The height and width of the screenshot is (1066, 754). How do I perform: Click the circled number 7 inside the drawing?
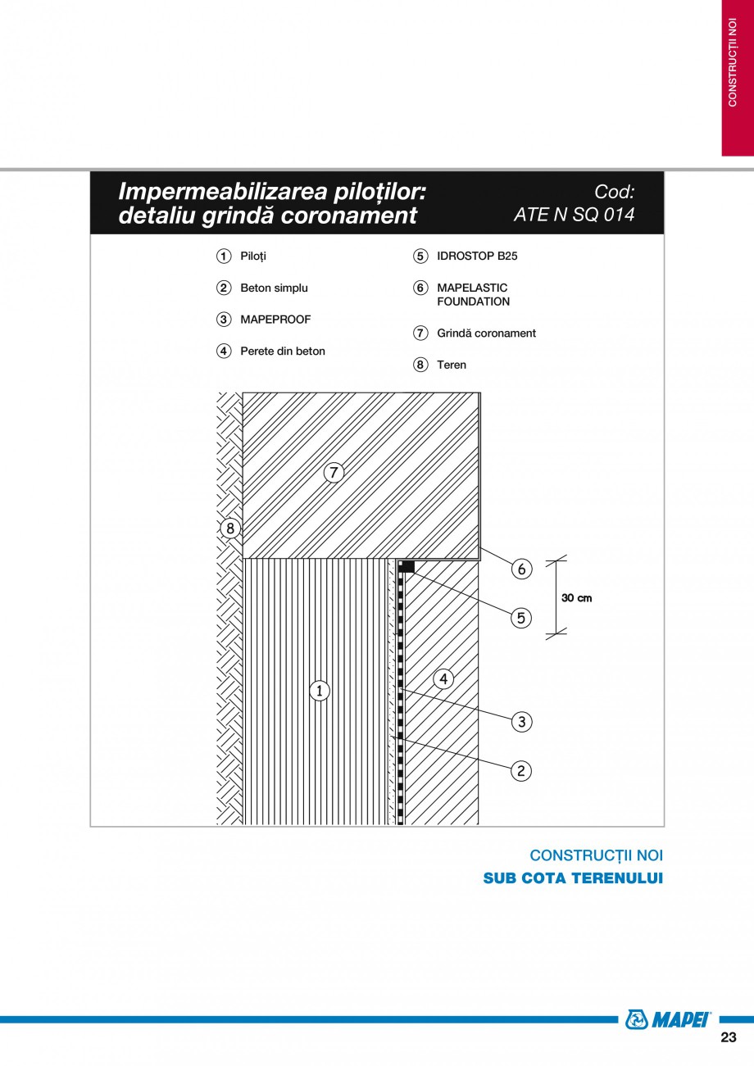333,473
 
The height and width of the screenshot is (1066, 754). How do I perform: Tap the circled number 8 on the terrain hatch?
229,528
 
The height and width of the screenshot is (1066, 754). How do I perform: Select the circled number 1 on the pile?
319,691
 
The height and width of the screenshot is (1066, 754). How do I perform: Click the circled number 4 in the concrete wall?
443,678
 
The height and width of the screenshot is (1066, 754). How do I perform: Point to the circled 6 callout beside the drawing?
521,569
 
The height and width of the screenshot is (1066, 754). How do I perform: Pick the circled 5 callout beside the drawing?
521,617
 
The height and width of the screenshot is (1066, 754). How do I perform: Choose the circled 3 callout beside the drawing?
521,722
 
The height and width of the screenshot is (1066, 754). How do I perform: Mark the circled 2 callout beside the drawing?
521,770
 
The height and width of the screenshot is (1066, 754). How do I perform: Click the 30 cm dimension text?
576,598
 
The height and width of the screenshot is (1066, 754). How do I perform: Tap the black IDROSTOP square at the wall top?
407,566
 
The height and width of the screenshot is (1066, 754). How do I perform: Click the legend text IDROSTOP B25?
477,256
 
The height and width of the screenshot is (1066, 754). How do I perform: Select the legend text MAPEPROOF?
275,320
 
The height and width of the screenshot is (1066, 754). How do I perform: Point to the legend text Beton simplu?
274,288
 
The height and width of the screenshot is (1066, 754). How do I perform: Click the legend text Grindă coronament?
486,333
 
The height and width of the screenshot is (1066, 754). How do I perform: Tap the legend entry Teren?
451,365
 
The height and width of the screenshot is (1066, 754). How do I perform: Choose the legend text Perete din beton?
282,352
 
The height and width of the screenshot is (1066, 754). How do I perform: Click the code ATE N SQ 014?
574,215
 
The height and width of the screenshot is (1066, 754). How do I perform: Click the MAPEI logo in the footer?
668,1019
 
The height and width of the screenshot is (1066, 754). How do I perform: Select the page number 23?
728,1037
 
